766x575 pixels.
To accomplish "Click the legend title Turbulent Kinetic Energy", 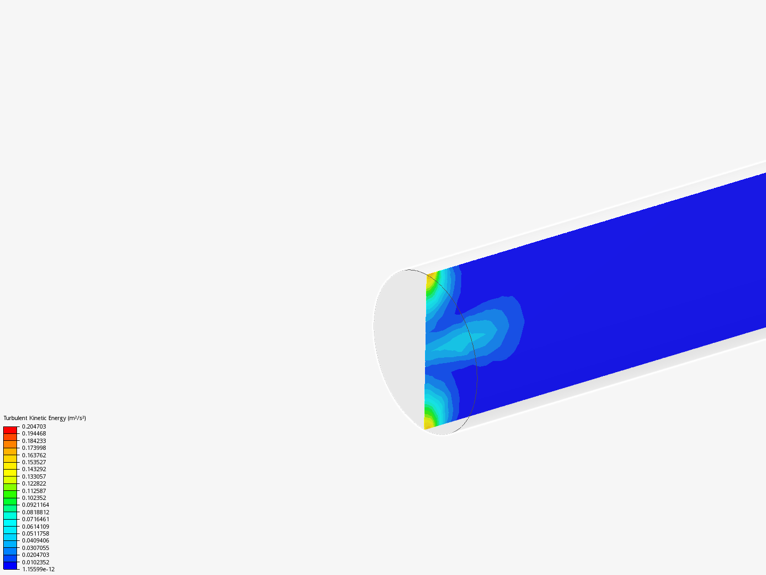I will click(x=35, y=418).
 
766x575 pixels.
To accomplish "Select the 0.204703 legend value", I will click(x=34, y=426).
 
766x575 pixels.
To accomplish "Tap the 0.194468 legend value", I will click(x=34, y=433).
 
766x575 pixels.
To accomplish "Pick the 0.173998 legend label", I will click(x=34, y=448).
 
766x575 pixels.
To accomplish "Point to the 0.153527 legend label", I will click(x=34, y=462).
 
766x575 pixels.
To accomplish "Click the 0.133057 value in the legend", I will click(x=34, y=477).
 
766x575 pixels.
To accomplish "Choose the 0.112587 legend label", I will click(x=34, y=491).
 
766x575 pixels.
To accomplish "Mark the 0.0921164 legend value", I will click(x=36, y=505).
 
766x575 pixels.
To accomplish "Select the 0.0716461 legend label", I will click(x=36, y=519).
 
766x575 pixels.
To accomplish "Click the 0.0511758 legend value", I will click(x=36, y=533).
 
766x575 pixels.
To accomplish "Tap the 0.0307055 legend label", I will click(x=36, y=548).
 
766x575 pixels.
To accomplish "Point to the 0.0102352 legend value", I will click(x=36, y=562).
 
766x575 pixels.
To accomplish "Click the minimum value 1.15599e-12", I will click(x=38, y=569).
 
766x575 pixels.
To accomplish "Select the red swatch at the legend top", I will click(x=10, y=430).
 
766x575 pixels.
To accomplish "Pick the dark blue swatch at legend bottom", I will click(x=10, y=565).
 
